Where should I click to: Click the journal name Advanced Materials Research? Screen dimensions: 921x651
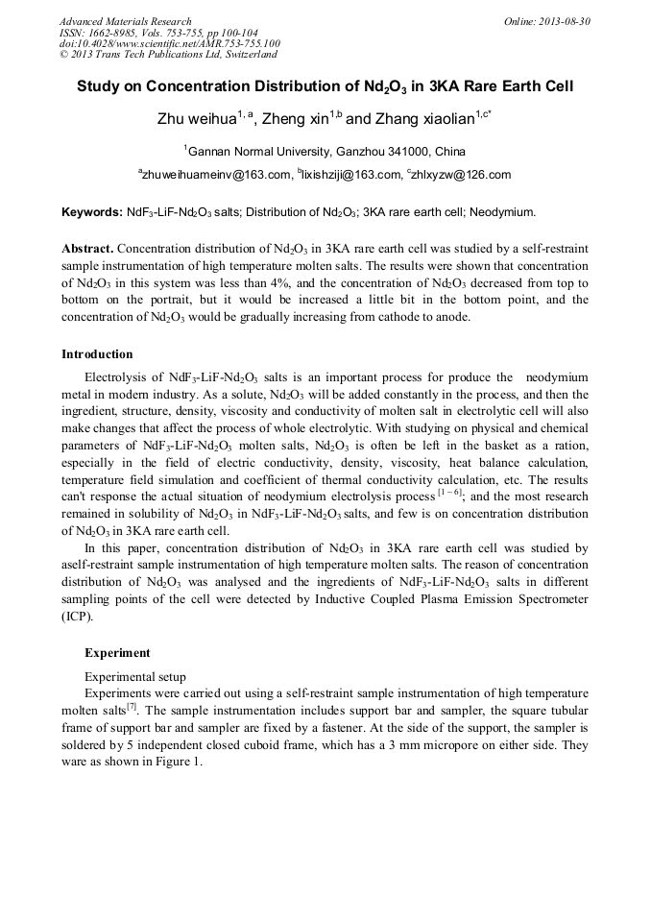pos(125,21)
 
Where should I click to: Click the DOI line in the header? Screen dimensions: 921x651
pos(169,43)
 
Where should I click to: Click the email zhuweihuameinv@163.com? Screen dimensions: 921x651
pos(216,175)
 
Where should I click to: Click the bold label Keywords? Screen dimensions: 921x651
pos(92,211)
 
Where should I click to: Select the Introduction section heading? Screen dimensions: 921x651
pos(97,354)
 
